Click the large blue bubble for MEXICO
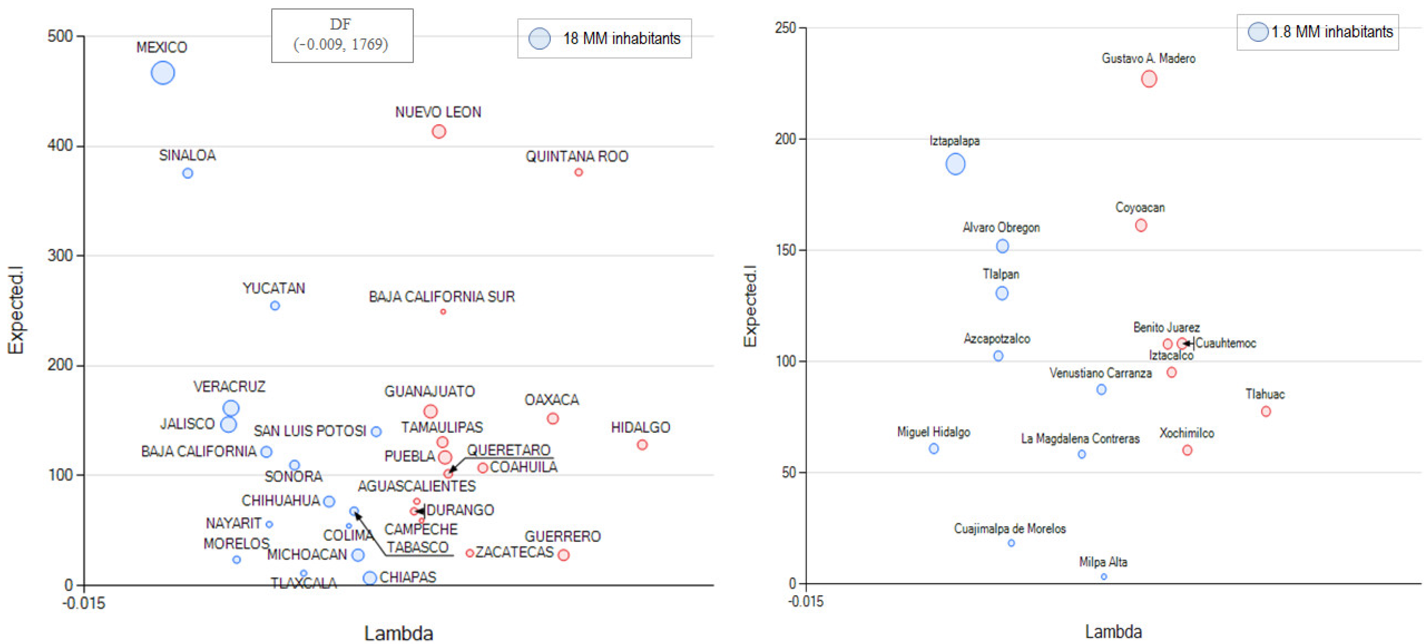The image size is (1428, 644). click(162, 73)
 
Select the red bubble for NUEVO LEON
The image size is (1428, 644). click(439, 131)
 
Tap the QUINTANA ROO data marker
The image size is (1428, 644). click(578, 173)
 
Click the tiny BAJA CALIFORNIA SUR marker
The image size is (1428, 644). click(443, 312)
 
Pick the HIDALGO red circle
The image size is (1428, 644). click(642, 445)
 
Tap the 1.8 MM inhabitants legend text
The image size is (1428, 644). click(1332, 32)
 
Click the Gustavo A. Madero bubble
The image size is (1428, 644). click(1149, 79)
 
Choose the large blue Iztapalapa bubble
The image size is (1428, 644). click(955, 164)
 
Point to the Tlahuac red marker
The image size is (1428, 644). click(1266, 412)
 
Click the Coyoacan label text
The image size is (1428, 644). click(1140, 208)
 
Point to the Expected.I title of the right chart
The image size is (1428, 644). click(750, 306)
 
